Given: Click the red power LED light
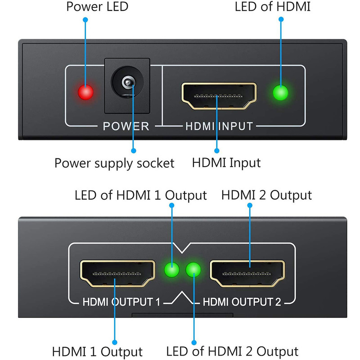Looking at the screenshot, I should tap(85, 92).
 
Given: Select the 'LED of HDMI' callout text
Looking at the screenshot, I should tap(272, 7).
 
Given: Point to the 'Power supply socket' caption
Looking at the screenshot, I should tap(114, 162).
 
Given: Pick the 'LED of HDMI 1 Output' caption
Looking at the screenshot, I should tap(140, 195).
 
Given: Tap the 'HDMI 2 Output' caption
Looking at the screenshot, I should tap(266, 195).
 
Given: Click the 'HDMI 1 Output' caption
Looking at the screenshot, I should tap(97, 351).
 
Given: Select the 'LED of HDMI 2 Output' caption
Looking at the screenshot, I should tap(232, 351).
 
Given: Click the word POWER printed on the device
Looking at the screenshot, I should tap(126, 126).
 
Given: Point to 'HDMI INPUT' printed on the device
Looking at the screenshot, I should tap(219, 126).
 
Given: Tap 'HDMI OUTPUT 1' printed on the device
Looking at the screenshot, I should tap(121, 302).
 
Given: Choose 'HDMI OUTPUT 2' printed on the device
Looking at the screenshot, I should tap(242, 302).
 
